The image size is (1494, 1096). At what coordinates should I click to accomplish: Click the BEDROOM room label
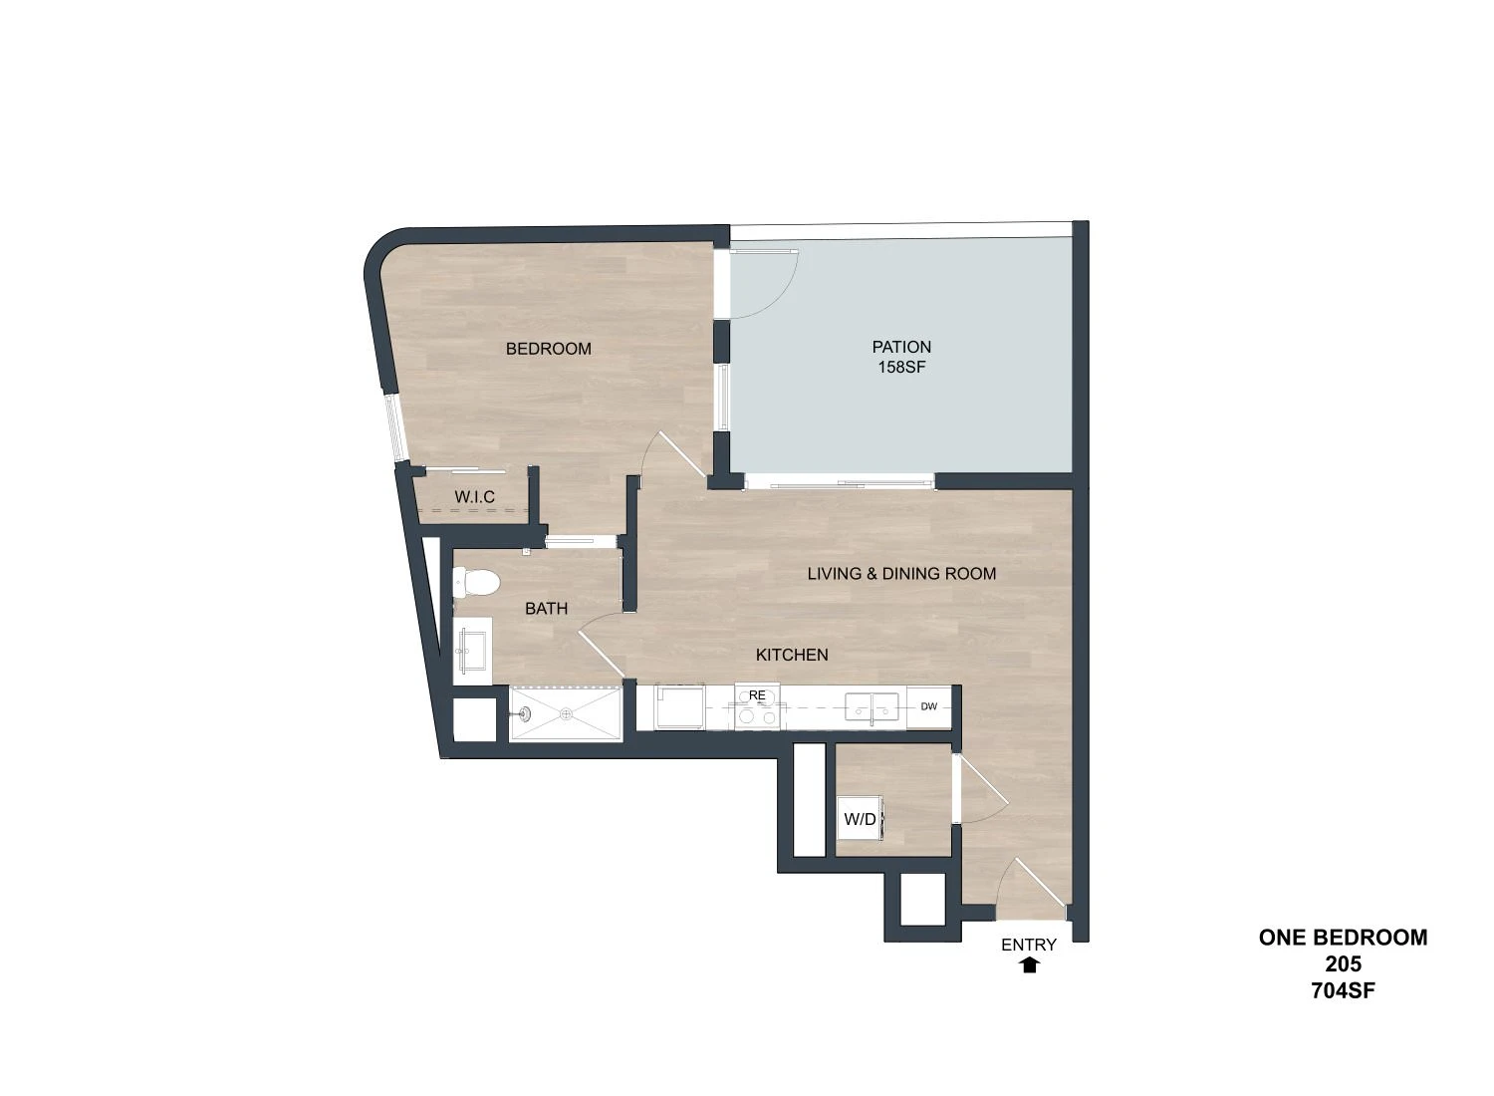548,349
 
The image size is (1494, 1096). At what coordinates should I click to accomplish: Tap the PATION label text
901,347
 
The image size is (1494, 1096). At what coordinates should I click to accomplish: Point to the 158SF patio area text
901,367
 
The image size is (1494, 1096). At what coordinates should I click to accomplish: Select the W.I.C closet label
474,497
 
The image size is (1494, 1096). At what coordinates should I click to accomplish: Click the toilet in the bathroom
476,583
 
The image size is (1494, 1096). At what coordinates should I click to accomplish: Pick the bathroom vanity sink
472,651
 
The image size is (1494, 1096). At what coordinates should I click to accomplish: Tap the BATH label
546,609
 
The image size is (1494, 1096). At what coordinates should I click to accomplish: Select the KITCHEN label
792,655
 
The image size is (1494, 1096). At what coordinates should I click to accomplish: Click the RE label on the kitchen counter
757,695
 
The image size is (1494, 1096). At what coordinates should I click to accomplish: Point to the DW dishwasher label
929,706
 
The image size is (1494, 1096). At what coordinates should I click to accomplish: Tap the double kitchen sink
871,707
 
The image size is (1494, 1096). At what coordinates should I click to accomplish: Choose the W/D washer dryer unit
861,819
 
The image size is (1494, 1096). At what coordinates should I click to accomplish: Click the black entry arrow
1030,964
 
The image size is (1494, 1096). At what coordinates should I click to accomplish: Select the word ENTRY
1029,945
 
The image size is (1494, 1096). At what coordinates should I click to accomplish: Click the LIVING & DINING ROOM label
901,574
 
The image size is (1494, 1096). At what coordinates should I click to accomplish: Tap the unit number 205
1344,963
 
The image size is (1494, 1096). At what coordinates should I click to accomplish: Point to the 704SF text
1344,990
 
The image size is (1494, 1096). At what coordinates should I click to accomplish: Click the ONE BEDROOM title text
1344,938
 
